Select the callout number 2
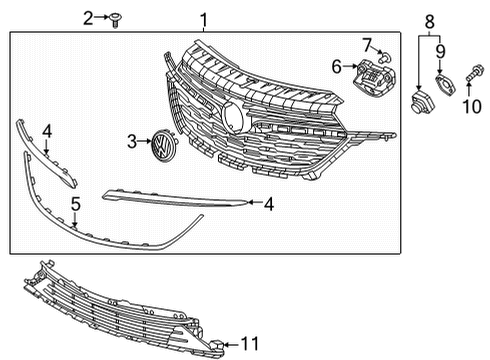coord(88,17)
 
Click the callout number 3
coord(131,142)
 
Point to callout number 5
coord(75,205)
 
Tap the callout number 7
coord(367,43)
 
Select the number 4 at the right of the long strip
coord(268,204)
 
